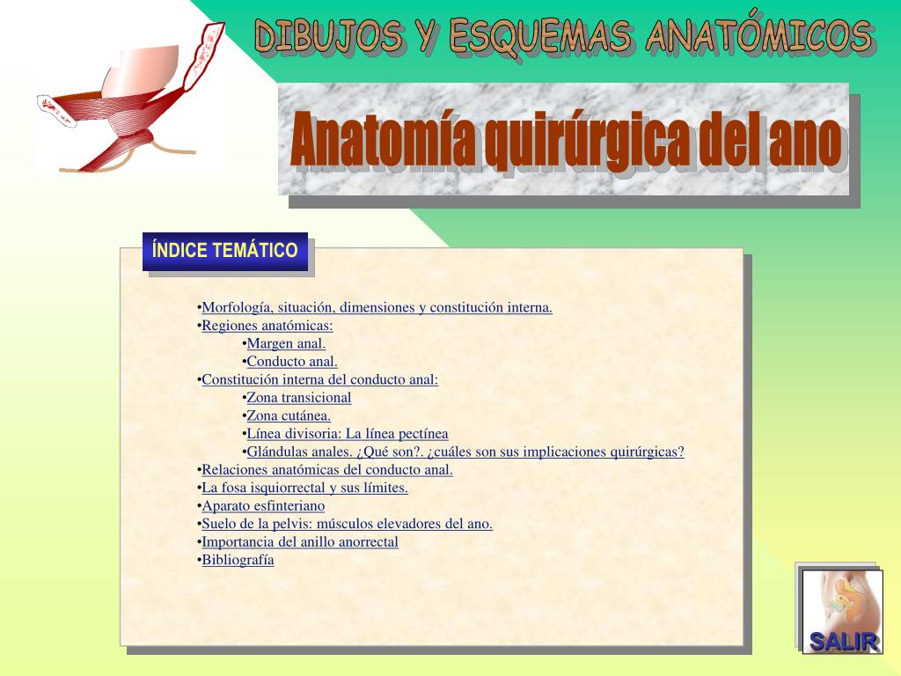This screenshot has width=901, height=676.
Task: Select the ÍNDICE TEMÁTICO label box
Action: [224, 251]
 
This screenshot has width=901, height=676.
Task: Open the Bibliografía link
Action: [238, 560]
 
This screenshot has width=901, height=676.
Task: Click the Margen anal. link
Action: [286, 343]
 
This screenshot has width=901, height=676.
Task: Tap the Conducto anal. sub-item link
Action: [292, 362]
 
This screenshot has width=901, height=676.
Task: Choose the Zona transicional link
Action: [298, 398]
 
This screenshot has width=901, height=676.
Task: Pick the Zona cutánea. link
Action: [289, 415]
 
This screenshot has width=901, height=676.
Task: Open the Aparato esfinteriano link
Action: [263, 506]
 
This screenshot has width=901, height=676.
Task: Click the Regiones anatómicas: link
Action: [267, 326]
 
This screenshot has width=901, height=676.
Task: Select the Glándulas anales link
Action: [465, 452]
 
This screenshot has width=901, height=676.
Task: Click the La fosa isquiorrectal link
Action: [304, 488]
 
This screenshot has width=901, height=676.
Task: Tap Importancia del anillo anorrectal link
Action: [300, 542]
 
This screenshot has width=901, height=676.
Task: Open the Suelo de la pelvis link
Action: [347, 524]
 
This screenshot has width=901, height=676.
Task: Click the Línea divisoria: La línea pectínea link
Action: [347, 434]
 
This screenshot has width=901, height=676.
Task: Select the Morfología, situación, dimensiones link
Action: [377, 308]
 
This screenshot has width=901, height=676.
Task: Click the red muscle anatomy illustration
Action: [132, 101]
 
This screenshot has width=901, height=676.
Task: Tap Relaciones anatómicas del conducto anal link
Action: [326, 470]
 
